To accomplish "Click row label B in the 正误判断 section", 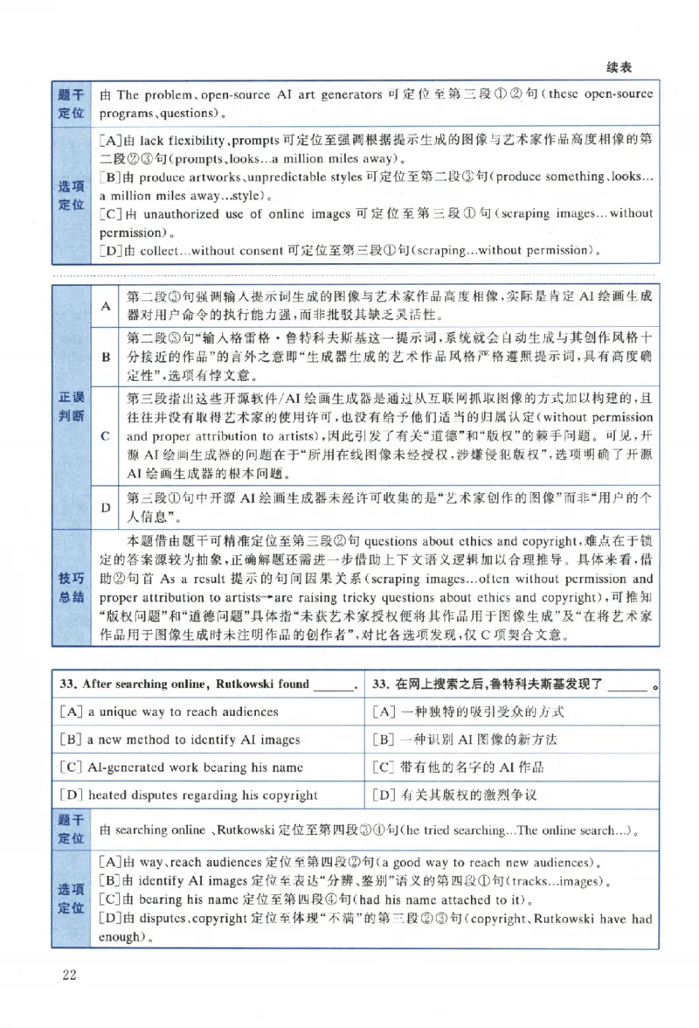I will pos(106,357).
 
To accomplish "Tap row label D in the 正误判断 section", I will pos(106,507).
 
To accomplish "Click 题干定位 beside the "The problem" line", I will pos(71,104).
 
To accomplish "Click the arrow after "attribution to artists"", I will pos(271,598).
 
